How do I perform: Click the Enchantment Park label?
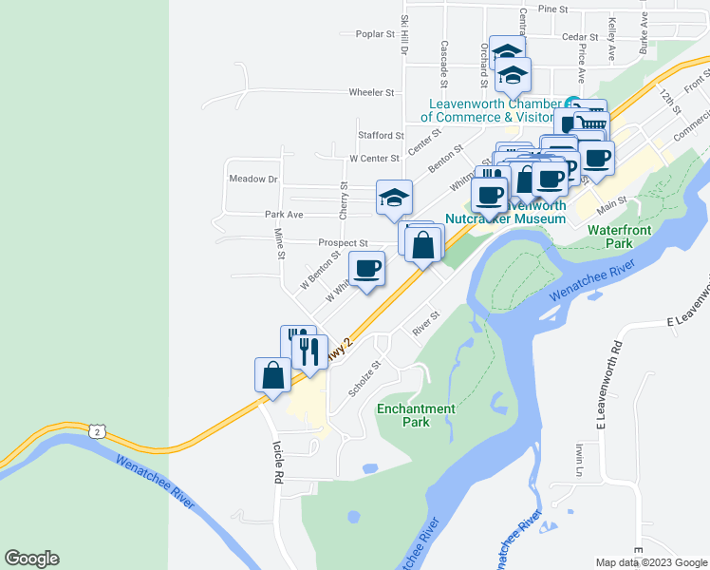416,415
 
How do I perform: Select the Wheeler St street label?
371,92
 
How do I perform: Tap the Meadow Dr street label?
252,179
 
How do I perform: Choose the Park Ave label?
284,215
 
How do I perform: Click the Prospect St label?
343,243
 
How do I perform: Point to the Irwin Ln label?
578,460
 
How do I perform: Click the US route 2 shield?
97,431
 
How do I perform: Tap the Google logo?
31,559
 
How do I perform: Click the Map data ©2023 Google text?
652,562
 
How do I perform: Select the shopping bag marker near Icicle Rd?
273,373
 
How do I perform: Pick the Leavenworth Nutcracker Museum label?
506,212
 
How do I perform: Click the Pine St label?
552,9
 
